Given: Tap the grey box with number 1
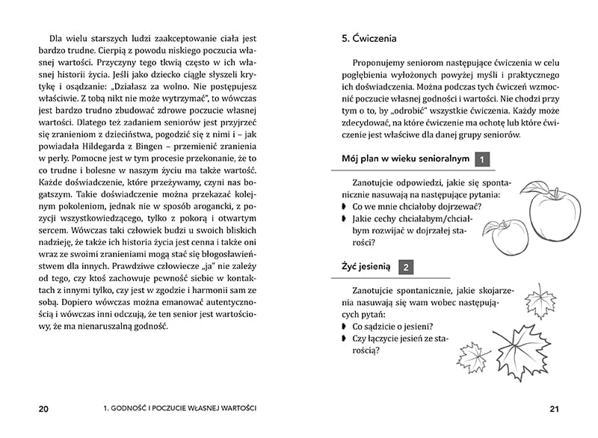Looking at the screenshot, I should [x=483, y=159].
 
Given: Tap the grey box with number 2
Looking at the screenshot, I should [x=404, y=266].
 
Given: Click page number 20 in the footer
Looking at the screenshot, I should [x=43, y=409].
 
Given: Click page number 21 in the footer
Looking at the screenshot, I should [x=554, y=409].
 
